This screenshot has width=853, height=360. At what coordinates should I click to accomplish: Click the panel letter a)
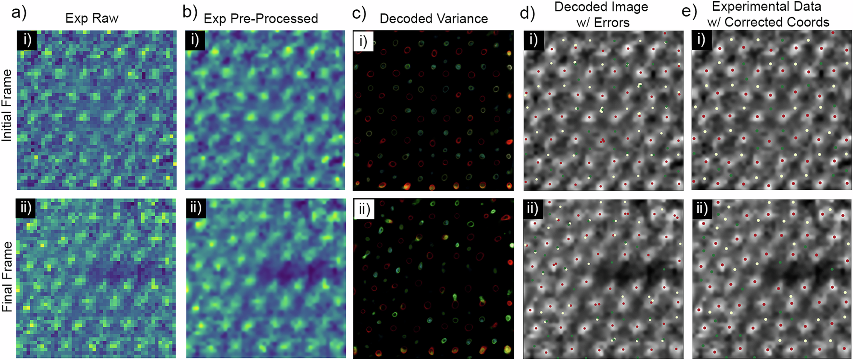19,13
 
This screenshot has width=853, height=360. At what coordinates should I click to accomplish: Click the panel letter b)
189,12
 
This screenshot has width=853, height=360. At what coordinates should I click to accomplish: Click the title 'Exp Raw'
92,18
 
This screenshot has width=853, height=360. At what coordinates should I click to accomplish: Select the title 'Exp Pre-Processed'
261,19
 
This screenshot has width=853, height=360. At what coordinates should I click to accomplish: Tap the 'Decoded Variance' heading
433,19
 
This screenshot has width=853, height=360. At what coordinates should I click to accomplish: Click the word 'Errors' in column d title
612,22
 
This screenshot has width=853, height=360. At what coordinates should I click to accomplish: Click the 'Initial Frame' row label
7,105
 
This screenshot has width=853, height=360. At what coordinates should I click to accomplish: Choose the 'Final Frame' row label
7,276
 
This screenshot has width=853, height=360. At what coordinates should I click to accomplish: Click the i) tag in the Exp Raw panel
27,40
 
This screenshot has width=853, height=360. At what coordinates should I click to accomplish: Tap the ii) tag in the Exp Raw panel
26,209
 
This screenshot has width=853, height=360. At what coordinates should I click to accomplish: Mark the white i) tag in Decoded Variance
363,41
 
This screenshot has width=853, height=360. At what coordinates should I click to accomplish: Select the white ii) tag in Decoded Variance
364,209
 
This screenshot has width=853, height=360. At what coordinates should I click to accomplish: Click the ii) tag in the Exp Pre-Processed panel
195,208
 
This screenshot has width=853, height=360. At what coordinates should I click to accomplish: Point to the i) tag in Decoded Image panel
533,41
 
